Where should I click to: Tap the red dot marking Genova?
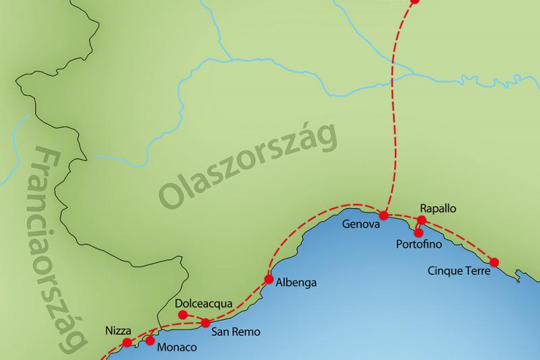pos(383,215)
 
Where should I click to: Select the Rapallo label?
pos(438,209)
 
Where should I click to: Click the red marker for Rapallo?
pos(422,220)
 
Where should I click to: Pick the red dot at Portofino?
pos(418,232)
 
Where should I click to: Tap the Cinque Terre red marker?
pos(494,262)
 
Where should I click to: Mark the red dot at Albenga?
pos(269,278)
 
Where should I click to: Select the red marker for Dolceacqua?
pos(182,315)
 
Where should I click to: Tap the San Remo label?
pos(236,332)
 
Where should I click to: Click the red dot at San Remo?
pos(205,323)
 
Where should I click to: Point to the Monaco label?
pos(177,348)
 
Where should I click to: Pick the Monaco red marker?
pos(150,340)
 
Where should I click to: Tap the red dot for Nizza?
pos(126,343)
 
